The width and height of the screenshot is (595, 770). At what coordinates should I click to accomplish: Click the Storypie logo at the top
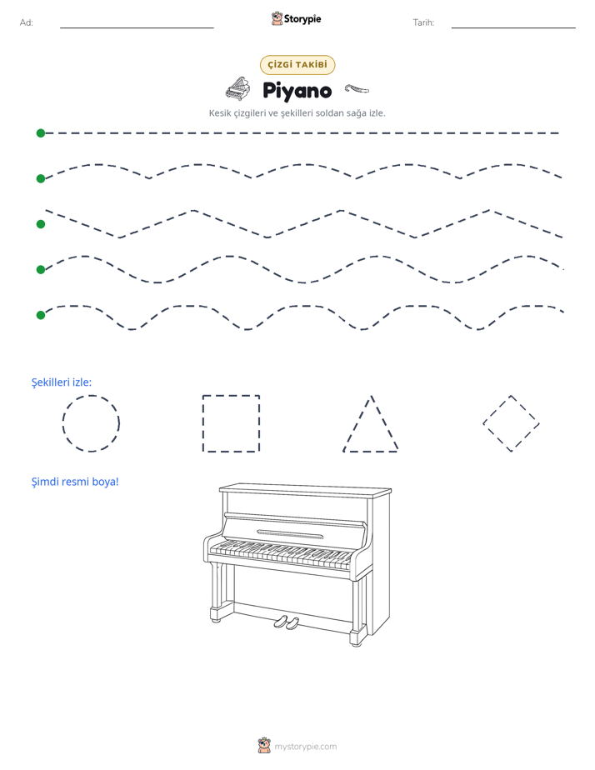[296, 18]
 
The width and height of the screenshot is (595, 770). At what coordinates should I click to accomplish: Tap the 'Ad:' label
[27, 22]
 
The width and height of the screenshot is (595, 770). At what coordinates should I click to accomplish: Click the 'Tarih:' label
[423, 22]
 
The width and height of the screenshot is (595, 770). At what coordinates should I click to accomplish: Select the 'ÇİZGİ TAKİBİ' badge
[297, 65]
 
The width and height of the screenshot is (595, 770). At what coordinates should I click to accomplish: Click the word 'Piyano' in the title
[297, 91]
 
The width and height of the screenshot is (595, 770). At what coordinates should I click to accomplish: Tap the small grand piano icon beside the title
[237, 89]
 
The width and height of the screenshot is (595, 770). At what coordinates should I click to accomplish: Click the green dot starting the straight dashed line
[41, 133]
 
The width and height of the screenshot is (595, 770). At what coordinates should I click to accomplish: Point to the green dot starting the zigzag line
[41, 224]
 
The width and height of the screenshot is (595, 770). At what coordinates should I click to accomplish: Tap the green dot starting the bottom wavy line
[41, 315]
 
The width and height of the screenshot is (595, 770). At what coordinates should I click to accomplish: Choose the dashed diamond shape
[497, 409]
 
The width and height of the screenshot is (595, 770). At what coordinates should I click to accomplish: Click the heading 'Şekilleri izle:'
[62, 382]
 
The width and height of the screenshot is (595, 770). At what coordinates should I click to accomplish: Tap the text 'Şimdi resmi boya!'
[75, 482]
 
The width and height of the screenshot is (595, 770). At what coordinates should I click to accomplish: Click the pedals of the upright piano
[286, 622]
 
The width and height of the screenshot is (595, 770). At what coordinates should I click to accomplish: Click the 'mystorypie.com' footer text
[305, 747]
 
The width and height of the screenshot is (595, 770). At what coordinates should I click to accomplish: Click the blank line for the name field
[137, 27]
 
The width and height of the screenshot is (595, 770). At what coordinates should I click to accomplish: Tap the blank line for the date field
[513, 27]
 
